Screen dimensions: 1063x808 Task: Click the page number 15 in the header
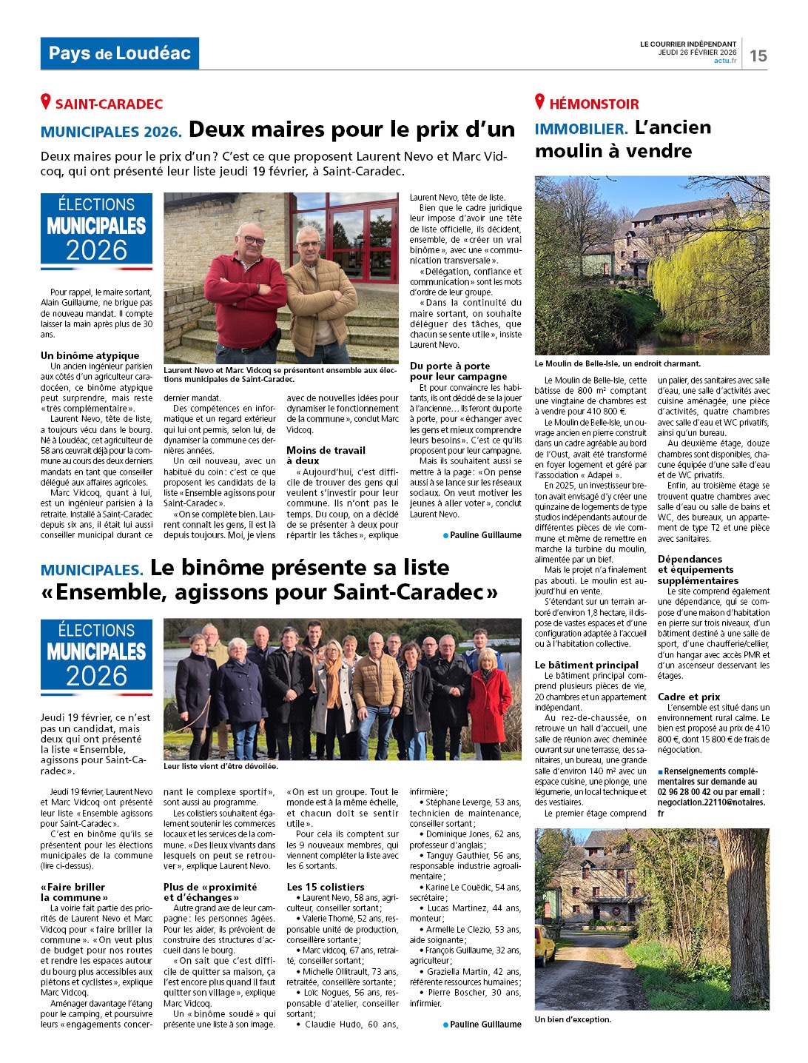point(758,56)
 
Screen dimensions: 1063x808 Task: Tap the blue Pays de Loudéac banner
point(119,53)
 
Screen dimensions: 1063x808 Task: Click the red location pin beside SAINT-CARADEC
point(46,102)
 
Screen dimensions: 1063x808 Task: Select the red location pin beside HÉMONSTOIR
point(540,102)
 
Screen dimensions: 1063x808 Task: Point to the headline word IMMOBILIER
point(581,129)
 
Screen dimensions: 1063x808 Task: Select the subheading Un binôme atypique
point(90,355)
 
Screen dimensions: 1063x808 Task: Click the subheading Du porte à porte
point(450,366)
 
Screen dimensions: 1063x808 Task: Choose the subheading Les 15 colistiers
point(326,887)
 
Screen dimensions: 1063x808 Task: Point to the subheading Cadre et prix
point(689,697)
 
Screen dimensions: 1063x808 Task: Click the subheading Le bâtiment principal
point(587,665)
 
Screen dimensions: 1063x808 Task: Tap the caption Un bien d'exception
point(573,1019)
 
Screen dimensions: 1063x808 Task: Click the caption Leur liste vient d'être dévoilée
point(220,767)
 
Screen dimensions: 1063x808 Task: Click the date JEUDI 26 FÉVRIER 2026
point(698,53)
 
